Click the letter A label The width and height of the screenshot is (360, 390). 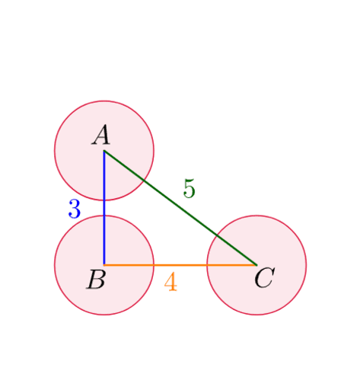coord(101,135)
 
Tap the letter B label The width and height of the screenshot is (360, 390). coord(96,280)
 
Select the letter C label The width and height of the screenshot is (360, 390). coord(265,278)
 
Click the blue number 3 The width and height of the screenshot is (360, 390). coord(75,209)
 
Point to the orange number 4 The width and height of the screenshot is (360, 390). coord(170,281)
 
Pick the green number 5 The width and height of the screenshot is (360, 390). coord(189,188)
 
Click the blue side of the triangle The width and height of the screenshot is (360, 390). coord(104,208)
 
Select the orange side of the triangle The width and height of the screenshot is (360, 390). coord(180,265)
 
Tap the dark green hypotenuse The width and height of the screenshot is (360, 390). coord(180,208)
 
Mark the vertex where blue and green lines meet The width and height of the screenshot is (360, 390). coord(104,151)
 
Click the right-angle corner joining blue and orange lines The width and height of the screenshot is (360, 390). coord(104,265)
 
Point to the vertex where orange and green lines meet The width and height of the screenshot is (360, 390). coord(256,265)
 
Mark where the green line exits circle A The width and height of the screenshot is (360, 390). coord(144,181)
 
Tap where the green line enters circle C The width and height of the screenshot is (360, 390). coord(217,235)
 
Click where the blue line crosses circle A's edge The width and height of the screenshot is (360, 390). coord(104,200)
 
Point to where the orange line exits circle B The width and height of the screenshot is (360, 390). coord(154,265)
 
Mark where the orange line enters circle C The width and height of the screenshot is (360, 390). coord(207,265)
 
